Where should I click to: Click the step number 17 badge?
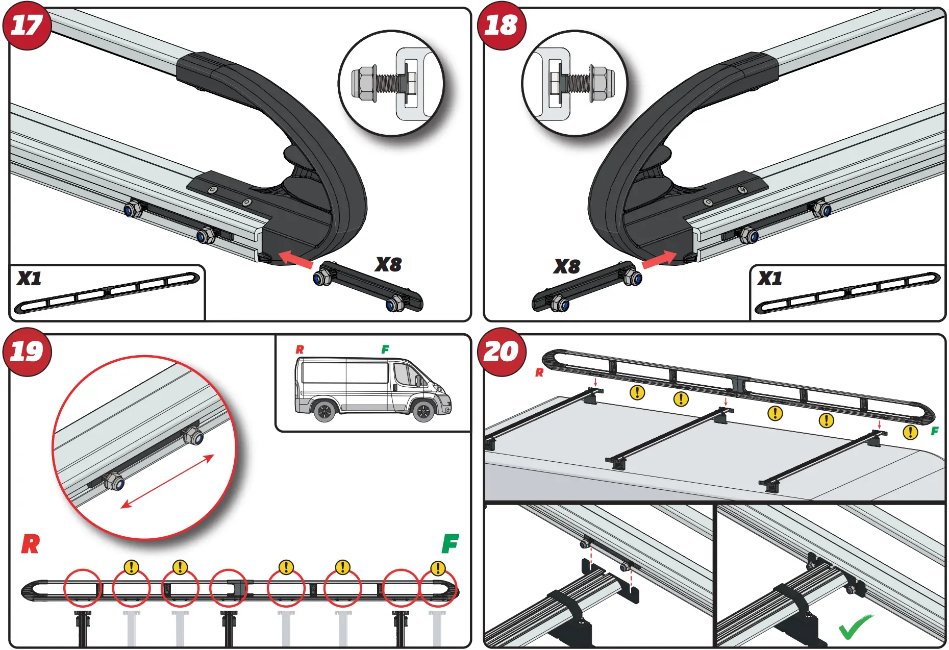pyautogui.click(x=27, y=25)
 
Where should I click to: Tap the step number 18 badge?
pyautogui.click(x=501, y=25)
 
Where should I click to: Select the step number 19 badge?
pyautogui.click(x=27, y=352)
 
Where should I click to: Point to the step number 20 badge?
pyautogui.click(x=501, y=352)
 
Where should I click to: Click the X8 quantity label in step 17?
pyautogui.click(x=388, y=264)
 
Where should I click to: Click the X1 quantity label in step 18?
pyautogui.click(x=769, y=279)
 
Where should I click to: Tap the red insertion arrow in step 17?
pyautogui.click(x=296, y=258)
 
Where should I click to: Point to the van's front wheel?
pyautogui.click(x=423, y=411)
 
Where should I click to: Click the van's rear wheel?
pyautogui.click(x=324, y=410)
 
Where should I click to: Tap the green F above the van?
pyautogui.click(x=385, y=349)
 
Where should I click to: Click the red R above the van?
pyautogui.click(x=299, y=349)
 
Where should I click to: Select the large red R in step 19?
pyautogui.click(x=30, y=544)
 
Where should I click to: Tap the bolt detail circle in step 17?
pyautogui.click(x=391, y=83)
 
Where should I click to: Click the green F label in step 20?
pyautogui.click(x=934, y=431)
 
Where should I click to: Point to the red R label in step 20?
pyautogui.click(x=539, y=373)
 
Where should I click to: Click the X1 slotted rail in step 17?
pyautogui.click(x=107, y=293)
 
